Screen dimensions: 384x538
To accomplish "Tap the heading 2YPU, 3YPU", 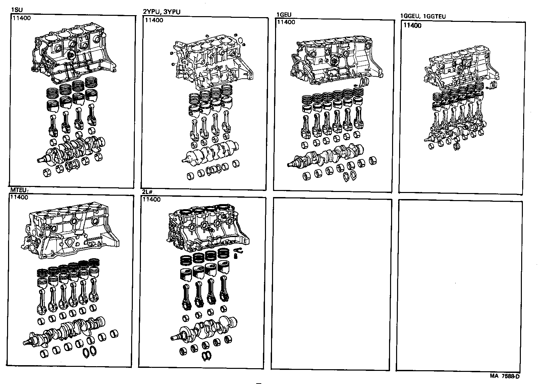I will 161,12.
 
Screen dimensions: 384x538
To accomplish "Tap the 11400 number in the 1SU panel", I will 22,18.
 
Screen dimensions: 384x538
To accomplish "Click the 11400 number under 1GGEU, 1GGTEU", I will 412,26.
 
